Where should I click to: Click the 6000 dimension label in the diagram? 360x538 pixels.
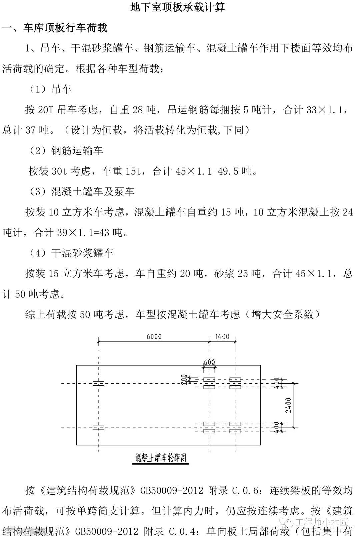154,336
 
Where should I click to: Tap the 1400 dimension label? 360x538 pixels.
222,336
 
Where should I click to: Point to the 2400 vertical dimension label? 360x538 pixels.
288,405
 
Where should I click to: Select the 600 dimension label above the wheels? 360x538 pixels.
209,362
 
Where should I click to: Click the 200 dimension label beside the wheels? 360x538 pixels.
184,380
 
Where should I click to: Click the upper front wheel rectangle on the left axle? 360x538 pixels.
98,384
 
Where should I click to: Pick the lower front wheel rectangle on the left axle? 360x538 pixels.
98,427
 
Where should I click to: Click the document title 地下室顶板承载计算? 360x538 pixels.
177,7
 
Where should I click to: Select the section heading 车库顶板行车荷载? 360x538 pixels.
65,28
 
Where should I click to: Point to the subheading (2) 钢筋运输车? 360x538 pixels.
66,151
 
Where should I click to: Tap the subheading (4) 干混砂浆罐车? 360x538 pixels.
71,253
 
